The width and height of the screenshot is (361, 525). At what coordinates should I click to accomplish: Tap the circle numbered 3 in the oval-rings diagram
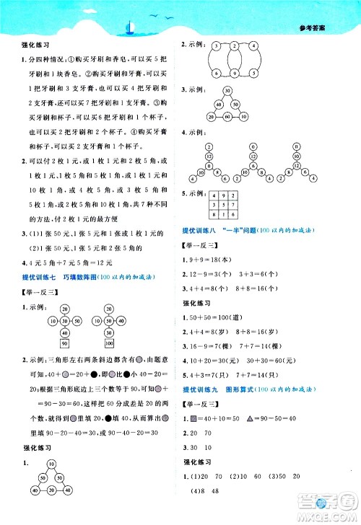click(214, 46)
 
